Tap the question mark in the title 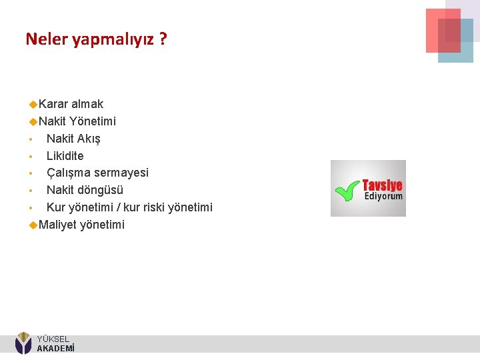coord(163,39)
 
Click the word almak coord(87,104)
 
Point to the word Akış coord(89,139)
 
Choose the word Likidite coord(65,156)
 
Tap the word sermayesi coord(121,173)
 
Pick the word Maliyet coord(57,225)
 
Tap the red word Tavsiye coord(383,185)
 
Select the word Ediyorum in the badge coord(383,197)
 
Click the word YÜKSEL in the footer coord(53,339)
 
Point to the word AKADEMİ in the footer coord(55,348)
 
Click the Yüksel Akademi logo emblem coord(23,343)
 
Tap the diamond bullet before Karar coord(33,104)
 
